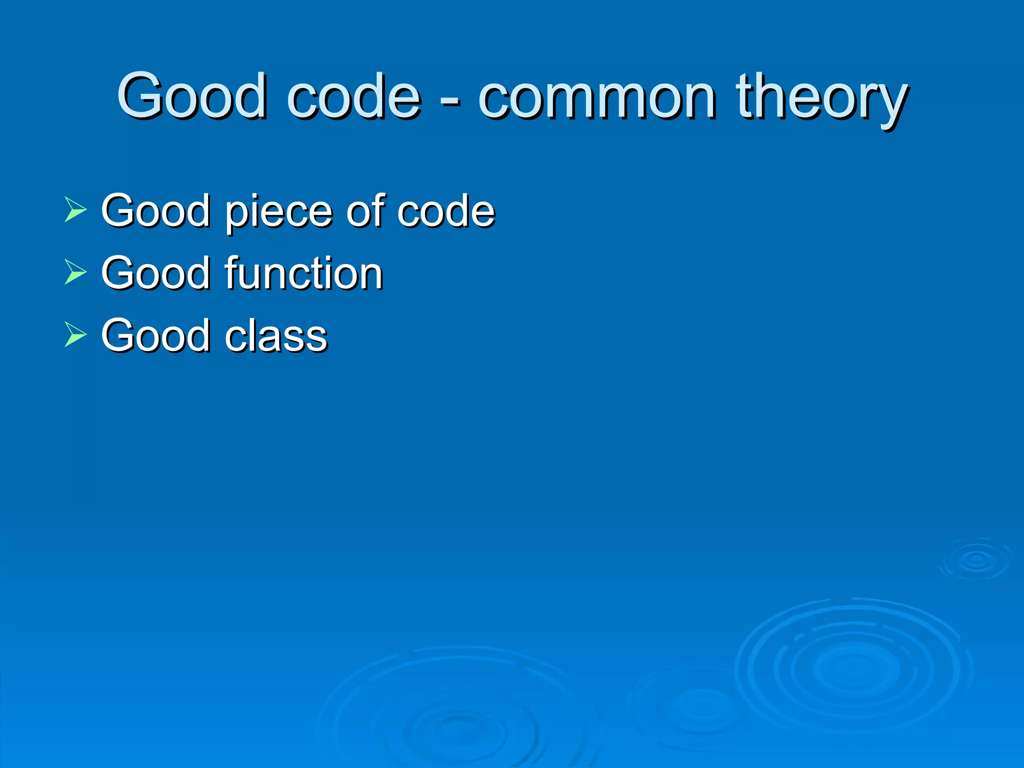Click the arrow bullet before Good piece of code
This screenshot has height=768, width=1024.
75,209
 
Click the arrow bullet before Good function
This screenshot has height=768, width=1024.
75,272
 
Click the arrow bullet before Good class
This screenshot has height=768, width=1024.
75,334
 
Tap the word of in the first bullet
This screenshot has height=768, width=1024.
368,210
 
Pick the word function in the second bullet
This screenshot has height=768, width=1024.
304,272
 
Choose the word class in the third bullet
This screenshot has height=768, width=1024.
276,335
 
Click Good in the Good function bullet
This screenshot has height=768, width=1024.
155,272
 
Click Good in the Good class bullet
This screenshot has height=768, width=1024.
155,335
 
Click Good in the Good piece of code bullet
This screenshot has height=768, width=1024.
155,210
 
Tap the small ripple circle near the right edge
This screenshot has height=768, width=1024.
976,559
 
